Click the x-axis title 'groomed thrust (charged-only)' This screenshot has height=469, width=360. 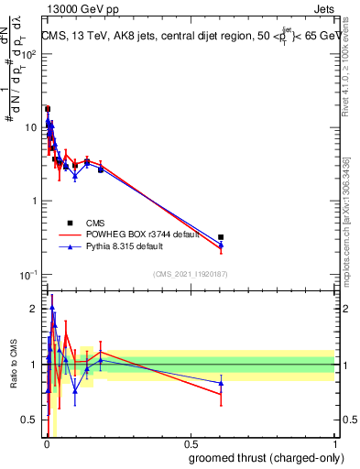pos(262,457)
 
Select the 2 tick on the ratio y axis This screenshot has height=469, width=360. pos(34,309)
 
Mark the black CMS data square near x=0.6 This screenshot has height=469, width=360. pos(221,237)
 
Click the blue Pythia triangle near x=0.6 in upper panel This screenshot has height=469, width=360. pos(221,245)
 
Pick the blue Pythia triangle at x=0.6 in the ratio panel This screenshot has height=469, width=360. pos(221,383)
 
